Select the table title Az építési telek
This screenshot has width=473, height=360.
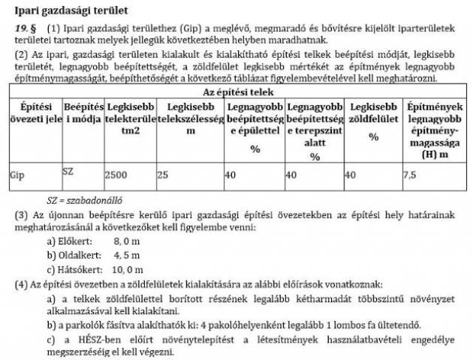coord(239,92)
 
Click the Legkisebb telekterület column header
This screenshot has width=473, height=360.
coord(130,119)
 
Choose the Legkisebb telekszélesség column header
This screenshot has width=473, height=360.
coord(190,119)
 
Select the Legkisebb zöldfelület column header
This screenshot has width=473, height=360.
coord(372,119)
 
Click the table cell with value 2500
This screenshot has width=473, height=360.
coord(116,176)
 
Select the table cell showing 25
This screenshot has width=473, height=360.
coord(163,176)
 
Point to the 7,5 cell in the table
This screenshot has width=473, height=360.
coord(409,176)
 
